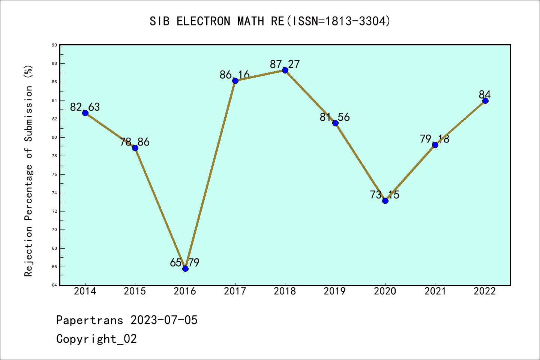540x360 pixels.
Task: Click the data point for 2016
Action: click(185, 268)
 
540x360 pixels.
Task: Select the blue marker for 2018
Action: click(285, 70)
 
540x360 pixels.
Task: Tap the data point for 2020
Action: click(385, 201)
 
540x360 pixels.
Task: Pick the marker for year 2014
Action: click(85, 113)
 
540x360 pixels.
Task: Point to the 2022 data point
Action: click(485, 100)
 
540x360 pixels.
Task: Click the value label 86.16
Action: click(235, 75)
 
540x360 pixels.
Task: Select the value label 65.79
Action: click(184, 262)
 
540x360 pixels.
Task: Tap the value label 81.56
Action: click(335, 117)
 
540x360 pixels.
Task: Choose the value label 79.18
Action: click(435, 139)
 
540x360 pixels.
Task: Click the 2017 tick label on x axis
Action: click(235, 291)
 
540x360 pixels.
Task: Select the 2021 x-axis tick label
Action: click(435, 291)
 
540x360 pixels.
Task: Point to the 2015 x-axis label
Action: click(135, 291)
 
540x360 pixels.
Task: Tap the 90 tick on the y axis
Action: click(54, 45)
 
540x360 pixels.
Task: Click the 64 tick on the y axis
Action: click(54, 285)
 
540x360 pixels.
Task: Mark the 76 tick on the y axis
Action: click(54, 174)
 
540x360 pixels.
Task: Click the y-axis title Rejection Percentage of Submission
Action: click(29, 171)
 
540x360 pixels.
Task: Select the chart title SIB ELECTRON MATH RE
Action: click(270, 21)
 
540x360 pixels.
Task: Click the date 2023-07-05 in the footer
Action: click(164, 320)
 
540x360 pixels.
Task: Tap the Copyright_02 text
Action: click(97, 339)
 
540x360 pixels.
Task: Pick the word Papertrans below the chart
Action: click(90, 320)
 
